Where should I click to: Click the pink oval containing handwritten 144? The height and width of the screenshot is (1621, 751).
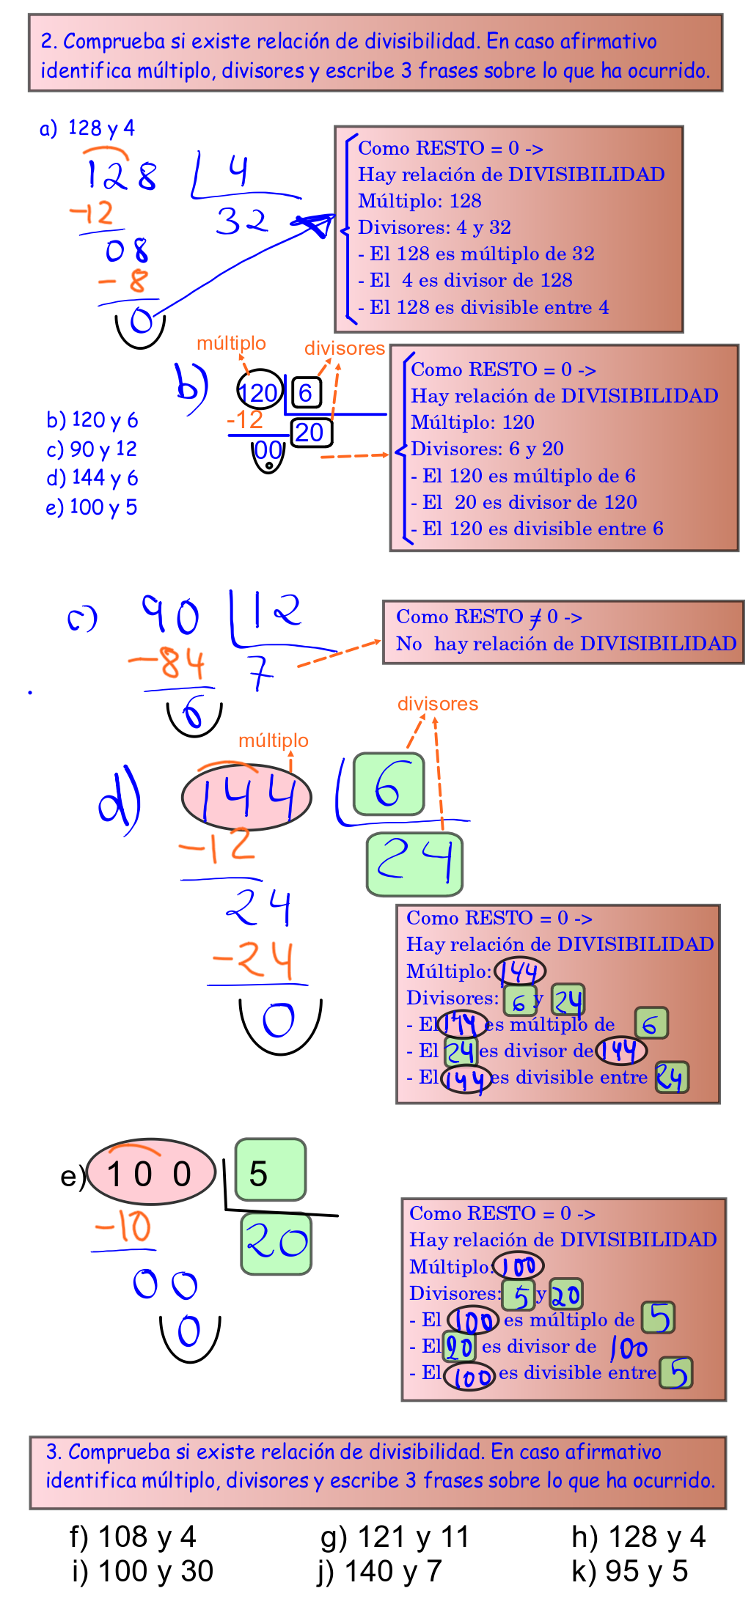coord(246,797)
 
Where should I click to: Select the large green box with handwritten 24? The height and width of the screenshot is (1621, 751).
coord(414,864)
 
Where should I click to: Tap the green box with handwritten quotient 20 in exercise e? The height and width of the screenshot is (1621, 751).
coord(276,1243)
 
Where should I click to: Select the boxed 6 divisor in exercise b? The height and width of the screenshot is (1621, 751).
coord(306,392)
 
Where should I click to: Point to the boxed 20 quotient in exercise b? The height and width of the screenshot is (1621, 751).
coord(311,432)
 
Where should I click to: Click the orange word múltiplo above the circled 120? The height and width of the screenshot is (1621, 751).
coord(231,342)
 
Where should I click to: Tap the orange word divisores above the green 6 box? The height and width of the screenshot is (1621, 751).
coord(437,704)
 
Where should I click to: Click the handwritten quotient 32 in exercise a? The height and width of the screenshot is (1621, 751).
coord(242,221)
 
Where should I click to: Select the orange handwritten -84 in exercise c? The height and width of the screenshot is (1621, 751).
coord(167,663)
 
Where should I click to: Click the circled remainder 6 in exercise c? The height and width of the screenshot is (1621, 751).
coord(193,712)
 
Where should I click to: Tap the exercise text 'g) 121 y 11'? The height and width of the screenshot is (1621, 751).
coord(395,1536)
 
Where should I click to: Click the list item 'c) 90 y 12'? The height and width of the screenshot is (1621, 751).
coord(92,449)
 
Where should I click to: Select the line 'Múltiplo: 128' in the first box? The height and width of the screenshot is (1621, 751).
coord(420,201)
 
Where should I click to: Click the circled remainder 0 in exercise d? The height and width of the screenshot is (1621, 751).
coord(279,1021)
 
